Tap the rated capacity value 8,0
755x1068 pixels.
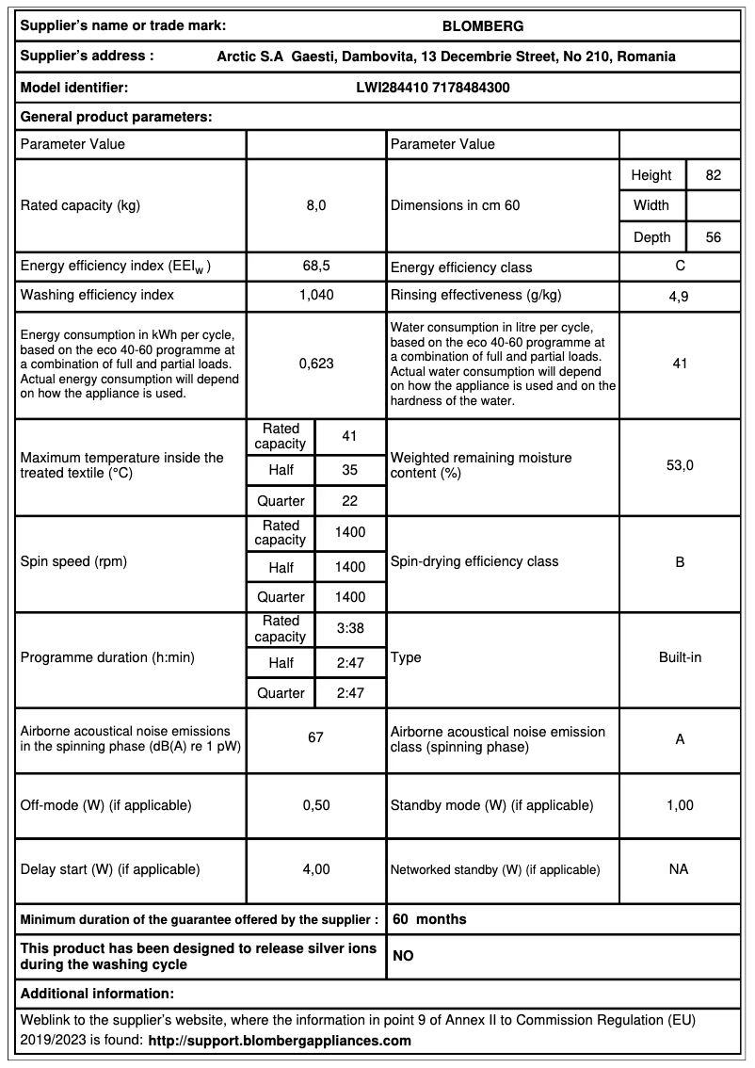(x=315, y=205)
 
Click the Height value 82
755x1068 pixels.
(x=713, y=175)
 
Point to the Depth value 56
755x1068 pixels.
(x=713, y=237)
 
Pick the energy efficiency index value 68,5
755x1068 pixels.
(x=315, y=267)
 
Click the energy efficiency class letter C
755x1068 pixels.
(x=680, y=267)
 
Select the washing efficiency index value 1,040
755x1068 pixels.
(x=315, y=295)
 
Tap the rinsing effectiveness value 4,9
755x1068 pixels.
(x=679, y=296)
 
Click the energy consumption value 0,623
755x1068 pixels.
(x=315, y=363)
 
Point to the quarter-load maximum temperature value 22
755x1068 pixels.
(x=349, y=501)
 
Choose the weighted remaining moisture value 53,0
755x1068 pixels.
(x=680, y=465)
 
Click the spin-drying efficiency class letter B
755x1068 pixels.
(x=680, y=562)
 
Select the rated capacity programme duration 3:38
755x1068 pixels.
(x=349, y=628)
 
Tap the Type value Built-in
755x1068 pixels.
(x=680, y=657)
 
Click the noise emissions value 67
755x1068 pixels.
(x=315, y=737)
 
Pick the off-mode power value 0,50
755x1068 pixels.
(x=315, y=805)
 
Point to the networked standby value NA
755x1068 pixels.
(x=679, y=869)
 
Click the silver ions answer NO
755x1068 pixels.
(x=403, y=956)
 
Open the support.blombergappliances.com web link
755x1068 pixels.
(x=280, y=1041)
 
